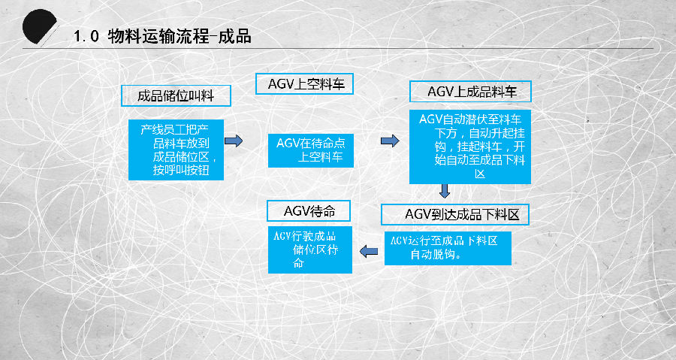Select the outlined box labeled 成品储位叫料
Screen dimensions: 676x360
[176, 95]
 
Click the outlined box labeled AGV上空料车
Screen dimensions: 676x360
[304, 84]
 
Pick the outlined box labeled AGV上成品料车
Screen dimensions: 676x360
[470, 92]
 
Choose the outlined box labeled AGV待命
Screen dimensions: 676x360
[309, 211]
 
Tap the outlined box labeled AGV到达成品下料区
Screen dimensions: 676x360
[455, 214]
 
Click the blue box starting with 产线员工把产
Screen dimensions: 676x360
[176, 150]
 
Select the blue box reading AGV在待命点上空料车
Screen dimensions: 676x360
[311, 150]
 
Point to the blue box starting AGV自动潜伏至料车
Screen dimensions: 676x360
[470, 147]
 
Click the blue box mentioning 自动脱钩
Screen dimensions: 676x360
[448, 248]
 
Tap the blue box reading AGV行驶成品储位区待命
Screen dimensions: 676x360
[310, 250]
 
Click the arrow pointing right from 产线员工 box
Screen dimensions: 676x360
[234, 141]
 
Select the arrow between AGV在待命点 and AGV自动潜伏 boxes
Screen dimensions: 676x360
[390, 141]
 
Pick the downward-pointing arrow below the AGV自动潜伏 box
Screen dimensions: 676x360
[445, 191]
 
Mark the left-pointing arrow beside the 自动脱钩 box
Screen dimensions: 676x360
[369, 251]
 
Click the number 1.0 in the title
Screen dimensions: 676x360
[86, 37]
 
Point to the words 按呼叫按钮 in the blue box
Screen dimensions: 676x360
[181, 170]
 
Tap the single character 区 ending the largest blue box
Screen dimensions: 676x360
[480, 174]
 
